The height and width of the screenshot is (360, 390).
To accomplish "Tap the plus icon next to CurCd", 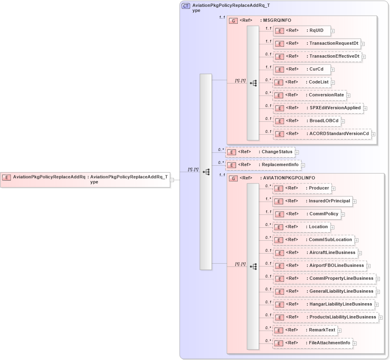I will (x=333, y=69).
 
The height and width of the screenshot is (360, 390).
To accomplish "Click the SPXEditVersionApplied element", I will (x=318, y=108).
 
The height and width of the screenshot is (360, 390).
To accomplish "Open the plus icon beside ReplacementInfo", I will (x=303, y=165).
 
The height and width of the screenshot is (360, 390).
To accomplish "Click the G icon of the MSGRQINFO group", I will (x=233, y=21).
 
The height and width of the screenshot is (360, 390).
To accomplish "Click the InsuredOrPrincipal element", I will (x=312, y=201).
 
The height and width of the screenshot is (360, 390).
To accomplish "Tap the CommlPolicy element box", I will (x=307, y=214).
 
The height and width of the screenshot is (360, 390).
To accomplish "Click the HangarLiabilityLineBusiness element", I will (x=324, y=304).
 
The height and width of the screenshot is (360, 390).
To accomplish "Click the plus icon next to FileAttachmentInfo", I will (x=355, y=343).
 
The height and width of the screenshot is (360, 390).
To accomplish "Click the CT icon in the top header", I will (x=186, y=6).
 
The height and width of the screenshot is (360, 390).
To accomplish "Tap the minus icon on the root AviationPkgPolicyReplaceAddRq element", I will (x=172, y=180).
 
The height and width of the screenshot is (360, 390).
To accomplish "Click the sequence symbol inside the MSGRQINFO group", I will (x=253, y=83).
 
